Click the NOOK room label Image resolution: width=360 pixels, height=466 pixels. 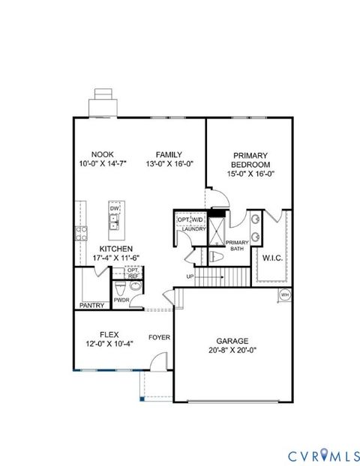click(102, 153)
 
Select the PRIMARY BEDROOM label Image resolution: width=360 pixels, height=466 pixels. click(250, 159)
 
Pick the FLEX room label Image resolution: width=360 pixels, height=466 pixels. click(109, 334)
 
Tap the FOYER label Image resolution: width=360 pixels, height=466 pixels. click(159, 337)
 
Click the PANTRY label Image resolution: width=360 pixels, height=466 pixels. click(92, 306)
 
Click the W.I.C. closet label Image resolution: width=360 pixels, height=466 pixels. click(271, 258)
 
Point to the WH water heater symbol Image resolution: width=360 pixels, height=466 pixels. click(284, 295)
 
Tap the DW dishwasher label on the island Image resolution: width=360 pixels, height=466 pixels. click(115, 208)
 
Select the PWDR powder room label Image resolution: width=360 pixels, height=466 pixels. click(121, 300)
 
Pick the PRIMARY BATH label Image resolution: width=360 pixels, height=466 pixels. click(237, 246)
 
